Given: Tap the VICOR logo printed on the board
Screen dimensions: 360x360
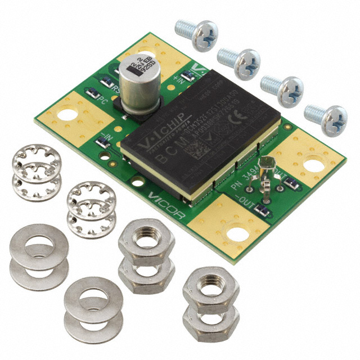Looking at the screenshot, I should click(x=167, y=199).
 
